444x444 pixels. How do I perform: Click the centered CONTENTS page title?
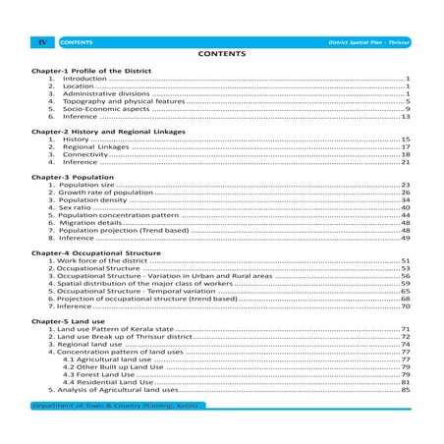point(221,57)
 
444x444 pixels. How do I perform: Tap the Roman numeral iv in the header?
point(41,43)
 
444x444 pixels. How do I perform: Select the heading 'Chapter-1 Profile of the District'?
point(89,73)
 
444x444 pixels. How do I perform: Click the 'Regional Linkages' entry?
point(98,147)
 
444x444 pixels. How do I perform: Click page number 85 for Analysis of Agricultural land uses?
point(405,391)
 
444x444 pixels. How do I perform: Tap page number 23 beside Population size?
point(405,184)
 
